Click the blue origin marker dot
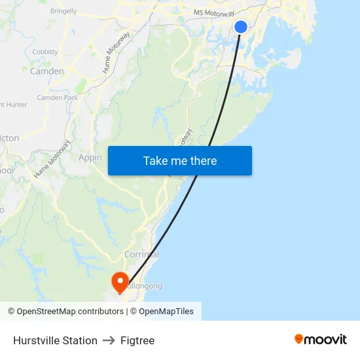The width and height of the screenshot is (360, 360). [241, 27]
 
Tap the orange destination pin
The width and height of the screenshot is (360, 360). [120, 282]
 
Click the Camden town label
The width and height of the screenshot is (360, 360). [47, 71]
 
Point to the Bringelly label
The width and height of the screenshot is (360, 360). [63, 11]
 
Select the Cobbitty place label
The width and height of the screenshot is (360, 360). [45, 52]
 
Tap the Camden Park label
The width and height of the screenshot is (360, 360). [58, 98]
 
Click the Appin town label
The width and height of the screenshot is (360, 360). [90, 158]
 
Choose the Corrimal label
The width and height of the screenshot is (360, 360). [141, 254]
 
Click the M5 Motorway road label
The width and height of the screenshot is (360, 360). [214, 13]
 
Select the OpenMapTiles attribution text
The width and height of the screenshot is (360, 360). [166, 312]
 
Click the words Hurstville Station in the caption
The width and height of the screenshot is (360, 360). [55, 340]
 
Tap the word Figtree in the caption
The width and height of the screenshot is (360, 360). [137, 340]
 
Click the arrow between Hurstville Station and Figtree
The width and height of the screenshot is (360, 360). [109, 340]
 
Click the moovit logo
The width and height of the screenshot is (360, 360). [321, 339]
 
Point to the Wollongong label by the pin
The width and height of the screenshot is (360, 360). [145, 286]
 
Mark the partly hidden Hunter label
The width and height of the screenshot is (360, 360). [14, 105]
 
